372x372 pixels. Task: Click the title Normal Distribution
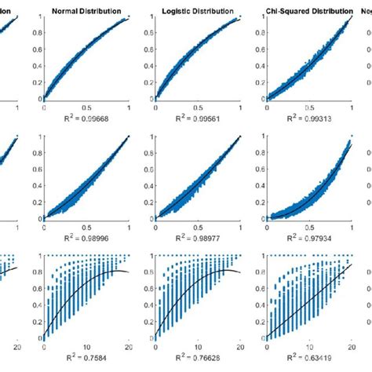coord(86,13)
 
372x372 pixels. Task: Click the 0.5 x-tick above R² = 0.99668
coord(86,109)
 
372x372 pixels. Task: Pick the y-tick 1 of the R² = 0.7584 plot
coord(38,255)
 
